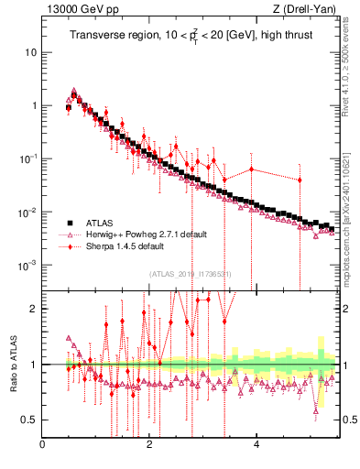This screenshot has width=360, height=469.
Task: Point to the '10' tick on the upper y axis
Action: click(x=31, y=52)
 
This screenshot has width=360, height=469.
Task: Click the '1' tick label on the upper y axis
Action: click(x=34, y=105)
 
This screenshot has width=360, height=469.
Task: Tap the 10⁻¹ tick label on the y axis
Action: click(x=29, y=158)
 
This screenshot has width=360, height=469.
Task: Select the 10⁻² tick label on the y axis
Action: click(x=29, y=212)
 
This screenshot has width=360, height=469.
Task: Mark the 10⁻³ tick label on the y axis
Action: click(x=29, y=265)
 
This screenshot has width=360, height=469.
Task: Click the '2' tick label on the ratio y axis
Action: click(x=34, y=309)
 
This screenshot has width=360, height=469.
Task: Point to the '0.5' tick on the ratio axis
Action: click(x=29, y=420)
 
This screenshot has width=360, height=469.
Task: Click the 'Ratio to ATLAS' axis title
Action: click(x=12, y=365)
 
